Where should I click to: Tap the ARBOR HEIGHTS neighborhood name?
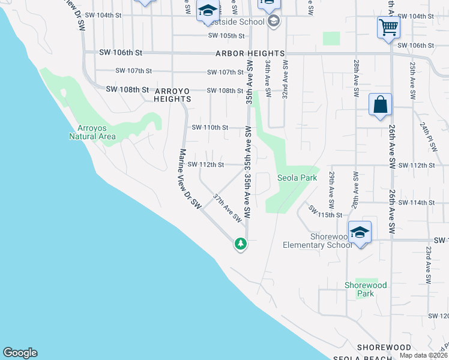pyautogui.click(x=247, y=53)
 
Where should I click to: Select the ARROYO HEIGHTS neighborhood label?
pyautogui.click(x=173, y=95)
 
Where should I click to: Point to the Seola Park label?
pyautogui.click(x=297, y=178)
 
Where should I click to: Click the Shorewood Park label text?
pyautogui.click(x=366, y=289)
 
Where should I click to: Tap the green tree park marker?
pyautogui.click(x=241, y=244)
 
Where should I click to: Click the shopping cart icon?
pyautogui.click(x=388, y=27)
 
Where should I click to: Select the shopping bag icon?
pyautogui.click(x=380, y=104)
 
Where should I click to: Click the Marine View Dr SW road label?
pyautogui.click(x=188, y=179)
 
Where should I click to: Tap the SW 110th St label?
pyautogui.click(x=209, y=127)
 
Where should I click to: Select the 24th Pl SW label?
pyautogui.click(x=430, y=137)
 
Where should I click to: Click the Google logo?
pyautogui.click(x=20, y=353)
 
